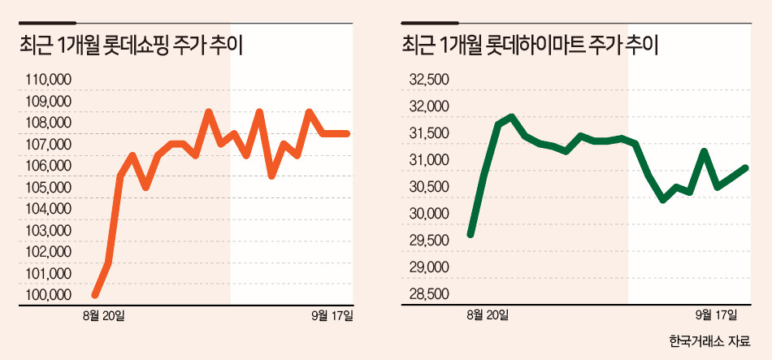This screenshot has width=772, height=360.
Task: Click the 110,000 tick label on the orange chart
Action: pos(48,80)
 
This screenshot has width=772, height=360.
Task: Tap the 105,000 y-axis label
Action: pos(48,188)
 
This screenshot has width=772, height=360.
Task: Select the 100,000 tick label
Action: pos(48,295)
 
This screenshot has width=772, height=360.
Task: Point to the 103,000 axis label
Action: pos(48,231)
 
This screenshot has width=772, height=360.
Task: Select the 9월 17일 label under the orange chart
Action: pos(332,315)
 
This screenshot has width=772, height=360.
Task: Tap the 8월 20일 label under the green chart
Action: pos(488,315)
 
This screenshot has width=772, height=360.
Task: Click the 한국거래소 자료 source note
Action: pos(709,340)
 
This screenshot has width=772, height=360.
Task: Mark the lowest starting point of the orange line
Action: pos(95,295)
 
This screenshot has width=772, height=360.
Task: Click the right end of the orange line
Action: pos(347,133)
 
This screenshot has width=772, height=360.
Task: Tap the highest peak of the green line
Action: pos(511,117)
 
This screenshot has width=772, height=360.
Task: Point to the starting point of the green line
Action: pos(471,234)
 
